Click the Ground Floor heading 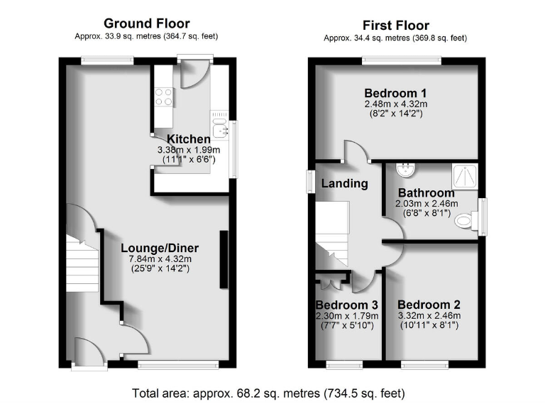click(x=147, y=24)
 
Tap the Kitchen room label click(x=189, y=138)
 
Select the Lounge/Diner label click(x=160, y=248)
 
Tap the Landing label click(x=345, y=183)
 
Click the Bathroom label click(x=426, y=192)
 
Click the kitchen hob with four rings click(x=163, y=96)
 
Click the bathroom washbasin click(x=405, y=171)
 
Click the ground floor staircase click(x=82, y=266)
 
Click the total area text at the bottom click(x=269, y=393)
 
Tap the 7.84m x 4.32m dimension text click(x=160, y=259)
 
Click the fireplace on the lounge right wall click(x=224, y=259)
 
